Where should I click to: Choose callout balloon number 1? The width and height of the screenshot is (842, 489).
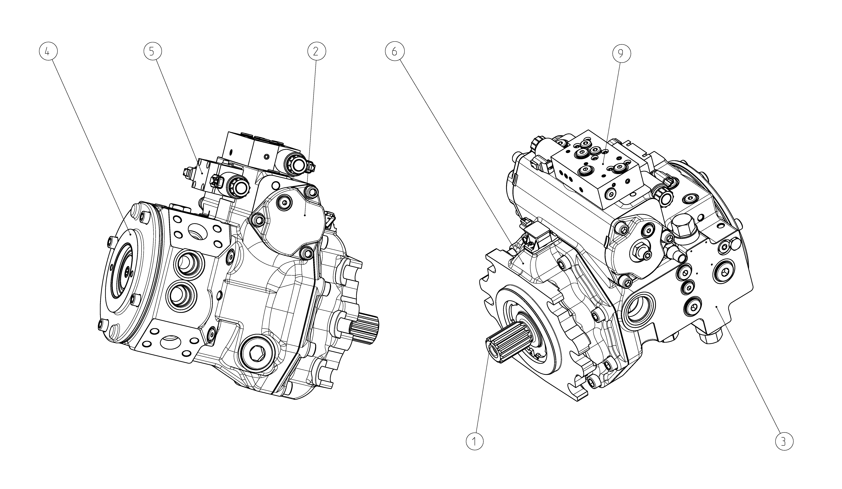pyautogui.click(x=474, y=442)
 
